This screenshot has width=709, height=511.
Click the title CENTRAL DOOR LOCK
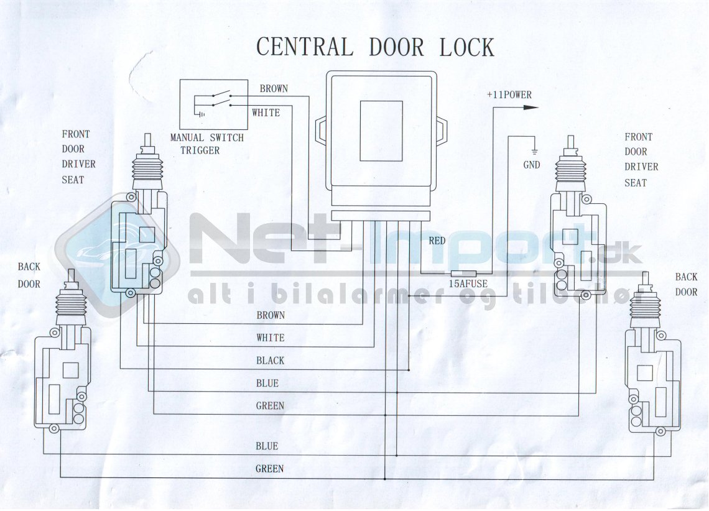(375, 47)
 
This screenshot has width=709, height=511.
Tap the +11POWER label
(509, 95)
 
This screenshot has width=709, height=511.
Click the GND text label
(532, 165)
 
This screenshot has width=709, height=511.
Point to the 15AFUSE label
(468, 284)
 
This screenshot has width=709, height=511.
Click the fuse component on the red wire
(463, 274)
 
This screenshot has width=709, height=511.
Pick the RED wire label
(437, 241)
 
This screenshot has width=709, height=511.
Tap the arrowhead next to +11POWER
(530, 108)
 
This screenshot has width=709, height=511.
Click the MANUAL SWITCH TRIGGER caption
(207, 144)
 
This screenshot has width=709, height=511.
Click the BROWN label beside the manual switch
(274, 88)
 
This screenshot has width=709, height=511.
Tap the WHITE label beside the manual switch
(266, 113)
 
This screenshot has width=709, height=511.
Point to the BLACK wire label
(270, 361)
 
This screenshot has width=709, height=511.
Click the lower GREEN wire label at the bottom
(269, 469)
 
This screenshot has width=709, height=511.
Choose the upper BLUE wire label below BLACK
(267, 384)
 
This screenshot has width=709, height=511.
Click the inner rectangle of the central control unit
(381, 131)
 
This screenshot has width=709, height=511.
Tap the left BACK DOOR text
(29, 275)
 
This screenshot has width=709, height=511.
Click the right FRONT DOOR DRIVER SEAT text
(641, 160)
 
